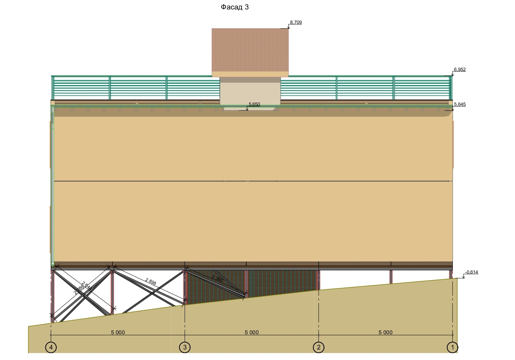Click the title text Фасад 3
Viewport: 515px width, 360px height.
click(x=235, y=7)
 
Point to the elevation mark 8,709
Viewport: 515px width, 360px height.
click(x=296, y=22)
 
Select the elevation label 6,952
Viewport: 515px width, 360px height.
click(x=460, y=70)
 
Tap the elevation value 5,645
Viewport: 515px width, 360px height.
click(x=460, y=104)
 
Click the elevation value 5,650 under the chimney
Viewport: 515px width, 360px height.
click(x=254, y=104)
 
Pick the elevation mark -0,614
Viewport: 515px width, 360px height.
click(x=471, y=272)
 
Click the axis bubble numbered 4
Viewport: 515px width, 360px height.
click(x=51, y=347)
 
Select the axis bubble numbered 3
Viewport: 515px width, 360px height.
click(x=185, y=347)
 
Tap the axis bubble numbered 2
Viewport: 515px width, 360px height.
click(x=318, y=347)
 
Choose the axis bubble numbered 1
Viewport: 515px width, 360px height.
click(x=452, y=347)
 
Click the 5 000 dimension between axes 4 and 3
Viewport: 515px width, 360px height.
click(x=118, y=332)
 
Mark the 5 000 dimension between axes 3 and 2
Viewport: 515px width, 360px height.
click(x=251, y=332)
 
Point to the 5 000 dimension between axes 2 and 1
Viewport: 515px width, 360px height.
click(x=385, y=332)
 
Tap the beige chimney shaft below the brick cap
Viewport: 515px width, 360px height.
click(x=250, y=92)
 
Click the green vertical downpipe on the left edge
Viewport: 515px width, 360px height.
click(x=52, y=189)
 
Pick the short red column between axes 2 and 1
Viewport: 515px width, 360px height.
click(x=391, y=277)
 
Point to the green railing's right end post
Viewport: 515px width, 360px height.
click(x=451, y=88)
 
